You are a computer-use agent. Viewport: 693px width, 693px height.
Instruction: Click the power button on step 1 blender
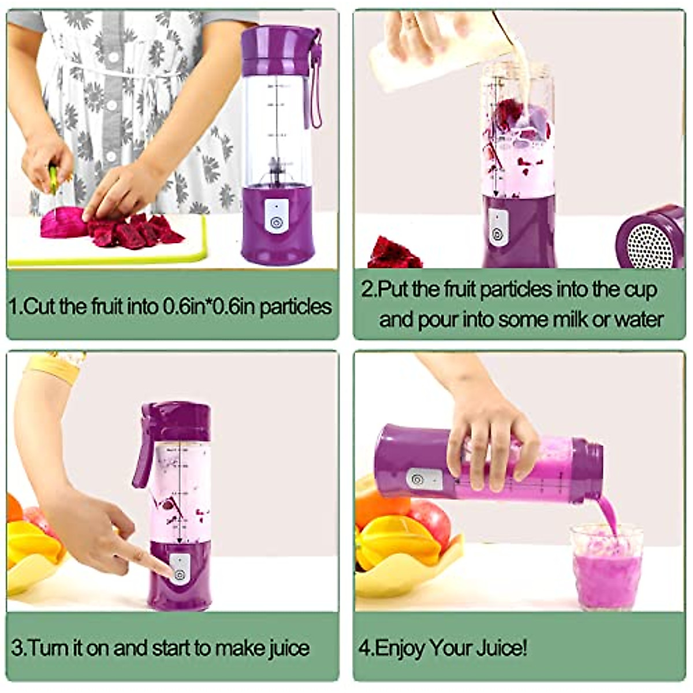tap(275, 221)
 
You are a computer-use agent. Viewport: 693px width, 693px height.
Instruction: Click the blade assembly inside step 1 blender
tap(277, 167)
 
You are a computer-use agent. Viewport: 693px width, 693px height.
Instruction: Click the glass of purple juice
tap(606, 569)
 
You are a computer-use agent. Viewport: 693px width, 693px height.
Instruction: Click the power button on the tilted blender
tap(417, 478)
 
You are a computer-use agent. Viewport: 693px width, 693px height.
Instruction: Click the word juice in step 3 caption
tap(289, 648)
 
